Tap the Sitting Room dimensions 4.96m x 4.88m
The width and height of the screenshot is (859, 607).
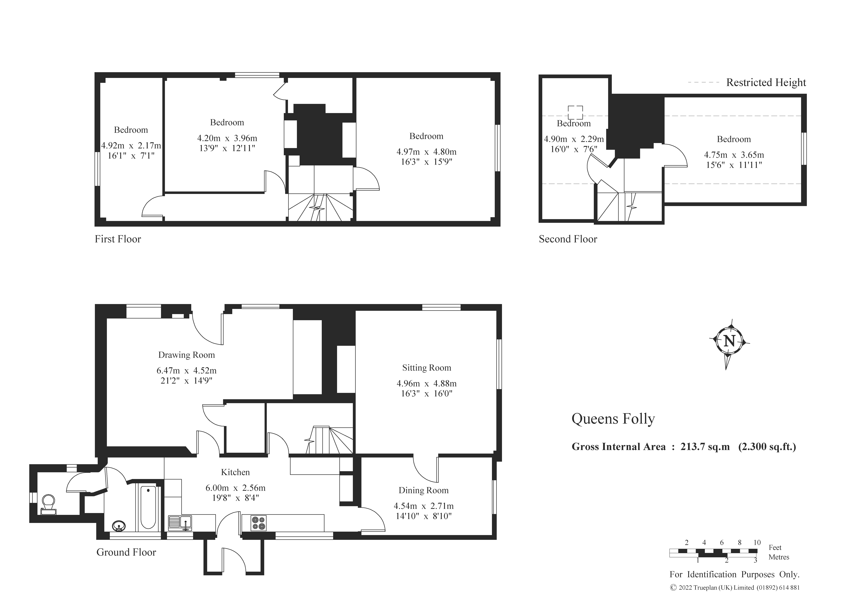[x=427, y=383]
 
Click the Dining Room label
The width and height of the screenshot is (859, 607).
[x=423, y=490]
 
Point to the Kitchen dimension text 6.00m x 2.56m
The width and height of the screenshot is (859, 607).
[x=235, y=488]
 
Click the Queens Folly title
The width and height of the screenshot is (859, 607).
[x=613, y=419]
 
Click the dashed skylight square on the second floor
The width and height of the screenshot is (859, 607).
[x=575, y=112]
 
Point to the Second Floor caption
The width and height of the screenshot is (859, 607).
[x=568, y=239]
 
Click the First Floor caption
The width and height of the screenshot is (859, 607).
[x=118, y=239]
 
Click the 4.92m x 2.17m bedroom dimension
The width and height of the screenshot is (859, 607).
[x=131, y=145]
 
